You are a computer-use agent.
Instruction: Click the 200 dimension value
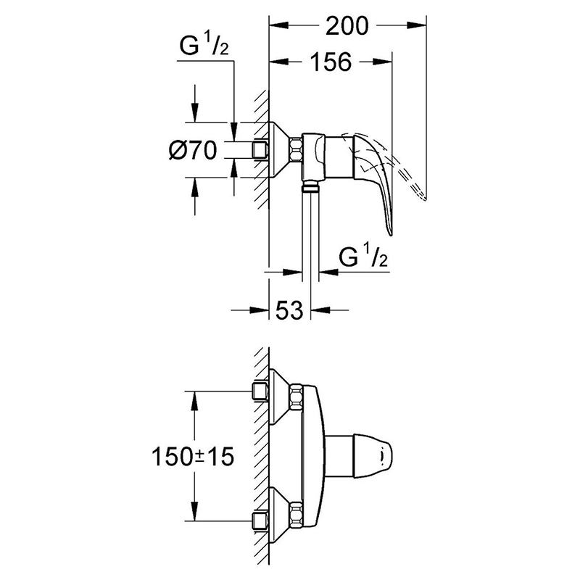[x=347, y=26]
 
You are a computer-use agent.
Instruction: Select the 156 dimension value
[x=331, y=62]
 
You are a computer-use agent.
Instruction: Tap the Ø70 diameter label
[x=192, y=151]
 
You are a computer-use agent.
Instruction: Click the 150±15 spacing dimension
[x=193, y=457]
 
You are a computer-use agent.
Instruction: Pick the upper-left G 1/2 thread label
[x=204, y=45]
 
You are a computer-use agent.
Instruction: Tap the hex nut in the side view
[x=297, y=150]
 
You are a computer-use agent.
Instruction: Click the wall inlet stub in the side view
[x=260, y=150]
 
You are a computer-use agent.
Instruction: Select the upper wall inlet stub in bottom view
[x=260, y=392]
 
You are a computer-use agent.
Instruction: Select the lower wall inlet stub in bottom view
[x=260, y=521]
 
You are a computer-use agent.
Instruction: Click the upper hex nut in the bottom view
[x=297, y=396]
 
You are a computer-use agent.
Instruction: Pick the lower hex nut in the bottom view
[x=297, y=513]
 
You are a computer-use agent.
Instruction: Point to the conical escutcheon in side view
[x=279, y=150]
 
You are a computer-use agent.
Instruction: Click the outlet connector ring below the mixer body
[x=311, y=188]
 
